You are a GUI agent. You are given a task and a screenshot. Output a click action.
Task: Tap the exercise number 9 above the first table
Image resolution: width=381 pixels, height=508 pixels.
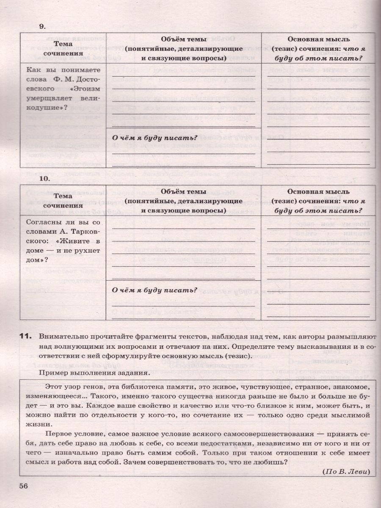click(42, 26)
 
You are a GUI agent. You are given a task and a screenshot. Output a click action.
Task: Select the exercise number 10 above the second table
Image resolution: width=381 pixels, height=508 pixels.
click(44, 179)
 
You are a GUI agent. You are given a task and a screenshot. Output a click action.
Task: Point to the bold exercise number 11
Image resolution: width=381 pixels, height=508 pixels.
click(26, 337)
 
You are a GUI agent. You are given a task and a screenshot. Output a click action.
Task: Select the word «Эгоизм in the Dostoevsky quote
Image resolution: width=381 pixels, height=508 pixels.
click(86, 89)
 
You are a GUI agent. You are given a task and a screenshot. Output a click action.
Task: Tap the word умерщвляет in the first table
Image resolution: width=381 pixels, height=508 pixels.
click(46, 99)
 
